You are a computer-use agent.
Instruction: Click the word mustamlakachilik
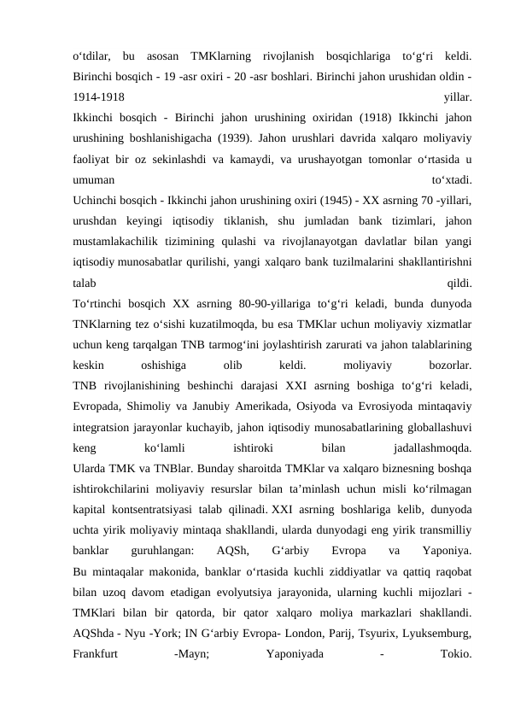(120, 242)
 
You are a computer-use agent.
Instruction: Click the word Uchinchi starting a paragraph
(96, 201)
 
